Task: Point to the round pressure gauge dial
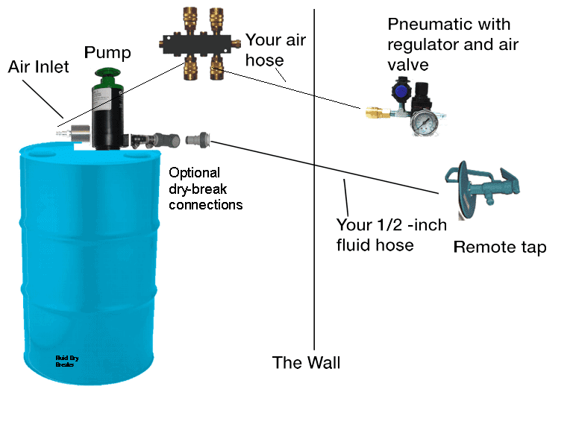click(425, 121)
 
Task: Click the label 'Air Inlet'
click(38, 67)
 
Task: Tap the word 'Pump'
click(107, 52)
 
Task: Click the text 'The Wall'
click(306, 363)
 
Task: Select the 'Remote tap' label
click(500, 247)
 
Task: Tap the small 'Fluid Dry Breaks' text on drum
click(67, 362)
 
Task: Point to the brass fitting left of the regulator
click(373, 113)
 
